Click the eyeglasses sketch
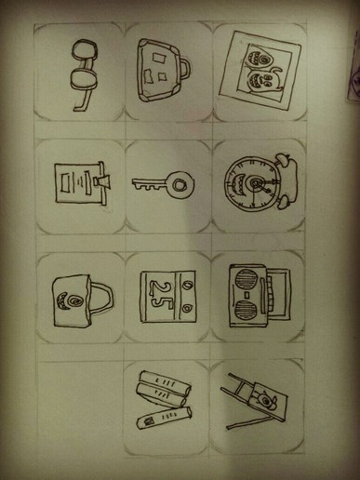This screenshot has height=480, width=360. pyautogui.click(x=84, y=74)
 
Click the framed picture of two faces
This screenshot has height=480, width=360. pyautogui.click(x=260, y=71)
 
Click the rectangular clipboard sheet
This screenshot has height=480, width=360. pyautogui.click(x=77, y=183)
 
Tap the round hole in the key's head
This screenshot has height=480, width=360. pyautogui.click(x=179, y=185)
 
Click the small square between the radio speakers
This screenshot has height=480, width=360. pyautogui.click(x=247, y=294)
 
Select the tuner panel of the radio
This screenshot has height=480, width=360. pyautogui.click(x=279, y=293)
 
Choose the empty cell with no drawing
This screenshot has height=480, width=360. pyautogui.click(x=81, y=407)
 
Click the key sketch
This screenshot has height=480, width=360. pyautogui.click(x=164, y=185)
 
